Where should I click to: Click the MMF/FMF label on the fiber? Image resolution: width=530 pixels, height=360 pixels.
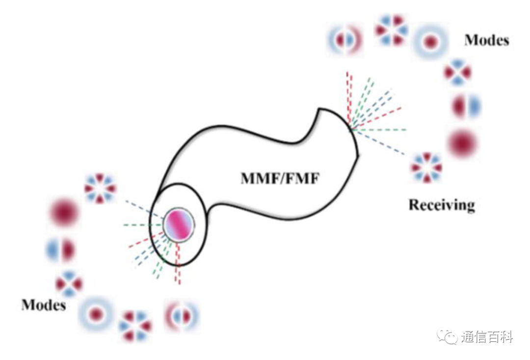[x=280, y=178]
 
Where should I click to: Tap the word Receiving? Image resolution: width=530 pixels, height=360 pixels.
[x=442, y=205]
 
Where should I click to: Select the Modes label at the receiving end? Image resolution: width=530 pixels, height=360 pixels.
[x=487, y=40]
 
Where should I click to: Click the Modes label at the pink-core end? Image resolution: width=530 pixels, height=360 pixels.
[x=44, y=305]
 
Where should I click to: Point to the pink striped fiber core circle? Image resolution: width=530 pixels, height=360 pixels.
[x=179, y=225]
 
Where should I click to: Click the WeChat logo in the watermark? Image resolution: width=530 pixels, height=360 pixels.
[x=447, y=336]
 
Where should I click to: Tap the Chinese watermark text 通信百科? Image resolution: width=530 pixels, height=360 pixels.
[x=487, y=336]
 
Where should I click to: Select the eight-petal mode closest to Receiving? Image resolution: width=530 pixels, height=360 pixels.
[x=426, y=167]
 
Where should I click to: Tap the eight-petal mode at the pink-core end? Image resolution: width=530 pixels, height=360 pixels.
[x=100, y=189]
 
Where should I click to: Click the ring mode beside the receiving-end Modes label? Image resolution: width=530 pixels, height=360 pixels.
[x=431, y=42]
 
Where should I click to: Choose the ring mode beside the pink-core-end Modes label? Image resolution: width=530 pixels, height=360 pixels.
[x=96, y=314]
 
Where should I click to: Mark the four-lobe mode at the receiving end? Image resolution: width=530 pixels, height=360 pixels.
[x=457, y=72]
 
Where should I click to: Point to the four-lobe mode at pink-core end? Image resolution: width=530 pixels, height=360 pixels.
[x=69, y=283]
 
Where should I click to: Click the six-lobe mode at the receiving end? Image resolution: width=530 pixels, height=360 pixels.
[x=392, y=30]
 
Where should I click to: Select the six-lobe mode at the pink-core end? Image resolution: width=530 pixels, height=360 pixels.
[x=136, y=326]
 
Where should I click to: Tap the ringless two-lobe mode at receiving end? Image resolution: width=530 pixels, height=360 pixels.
[x=467, y=106]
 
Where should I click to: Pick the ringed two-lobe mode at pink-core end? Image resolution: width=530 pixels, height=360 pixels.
[x=182, y=316]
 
